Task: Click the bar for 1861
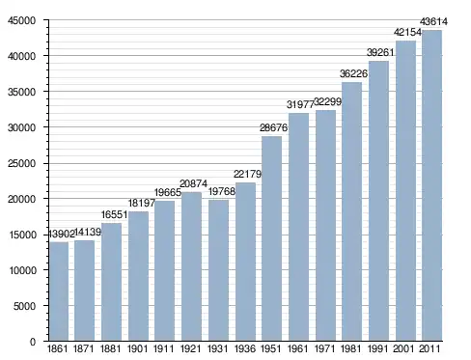pyautogui.click(x=59, y=291)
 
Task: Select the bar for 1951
pyautogui.click(x=272, y=238)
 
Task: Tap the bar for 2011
pyautogui.click(x=432, y=185)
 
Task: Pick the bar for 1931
pyautogui.click(x=218, y=270)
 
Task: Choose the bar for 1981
pyautogui.click(x=351, y=211)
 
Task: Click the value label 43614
pyautogui.click(x=433, y=22)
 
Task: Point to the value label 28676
pyautogui.click(x=273, y=127)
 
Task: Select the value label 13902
pyautogui.click(x=61, y=234)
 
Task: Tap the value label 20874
pyautogui.click(x=193, y=183)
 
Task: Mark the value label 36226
pyautogui.click(x=353, y=73)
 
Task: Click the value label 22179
pyautogui.click(x=247, y=174)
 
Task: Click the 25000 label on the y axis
pyautogui.click(x=21, y=163)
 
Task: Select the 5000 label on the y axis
pyautogui.click(x=24, y=306)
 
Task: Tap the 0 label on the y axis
pyautogui.click(x=33, y=342)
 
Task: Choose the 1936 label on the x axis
pyautogui.click(x=245, y=348)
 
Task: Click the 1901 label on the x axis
pyautogui.click(x=138, y=348)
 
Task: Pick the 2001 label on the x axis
pyautogui.click(x=405, y=348)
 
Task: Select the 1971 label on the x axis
pyautogui.click(x=325, y=348)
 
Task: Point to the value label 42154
pyautogui.click(x=407, y=32)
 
